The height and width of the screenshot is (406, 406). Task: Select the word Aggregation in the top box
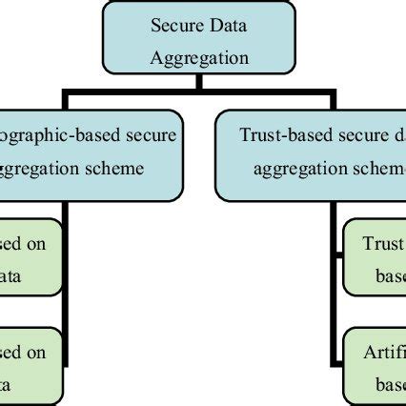click(198, 57)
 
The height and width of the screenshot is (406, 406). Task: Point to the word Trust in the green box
click(383, 242)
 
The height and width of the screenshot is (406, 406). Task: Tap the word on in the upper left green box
click(35, 242)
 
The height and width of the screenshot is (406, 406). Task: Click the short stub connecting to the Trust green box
click(338, 254)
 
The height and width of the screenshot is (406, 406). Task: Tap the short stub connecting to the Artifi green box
click(338, 363)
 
